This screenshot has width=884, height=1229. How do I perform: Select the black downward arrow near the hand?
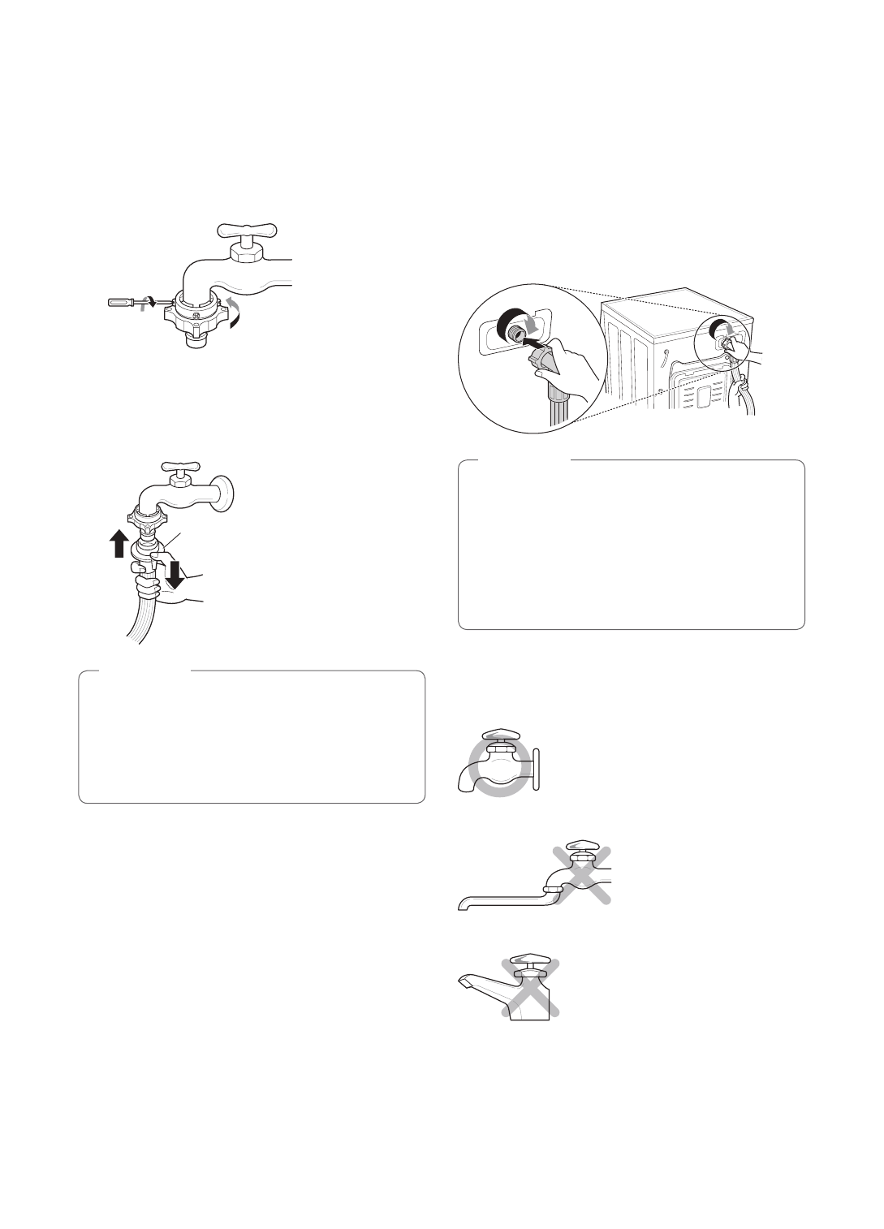pos(175,573)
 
